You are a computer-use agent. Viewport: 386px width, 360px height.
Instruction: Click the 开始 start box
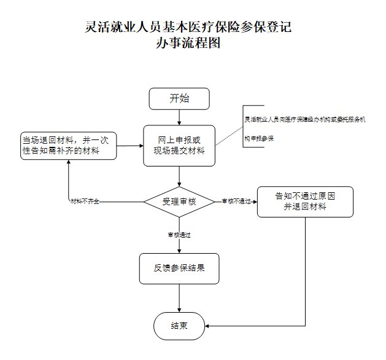(179, 99)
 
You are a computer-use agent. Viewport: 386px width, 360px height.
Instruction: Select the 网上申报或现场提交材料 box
(179, 146)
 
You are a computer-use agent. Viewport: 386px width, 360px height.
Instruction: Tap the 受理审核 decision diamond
(179, 202)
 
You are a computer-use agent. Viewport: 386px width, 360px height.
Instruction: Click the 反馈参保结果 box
(179, 268)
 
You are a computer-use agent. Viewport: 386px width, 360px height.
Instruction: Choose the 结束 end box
(179, 325)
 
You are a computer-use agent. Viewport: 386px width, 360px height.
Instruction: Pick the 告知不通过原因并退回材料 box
(305, 202)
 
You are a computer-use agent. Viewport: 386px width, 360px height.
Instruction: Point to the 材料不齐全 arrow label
(85, 202)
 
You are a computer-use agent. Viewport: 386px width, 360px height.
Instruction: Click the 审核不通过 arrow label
(236, 202)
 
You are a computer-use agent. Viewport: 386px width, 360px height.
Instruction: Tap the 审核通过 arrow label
(179, 235)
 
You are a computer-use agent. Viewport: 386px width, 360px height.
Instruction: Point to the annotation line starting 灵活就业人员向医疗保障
(304, 119)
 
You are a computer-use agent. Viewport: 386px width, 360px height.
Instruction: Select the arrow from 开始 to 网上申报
(179, 117)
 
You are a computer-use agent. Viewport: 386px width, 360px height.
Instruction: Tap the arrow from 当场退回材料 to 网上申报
(130, 146)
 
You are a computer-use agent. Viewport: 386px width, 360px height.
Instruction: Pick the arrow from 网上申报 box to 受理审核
(179, 176)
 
